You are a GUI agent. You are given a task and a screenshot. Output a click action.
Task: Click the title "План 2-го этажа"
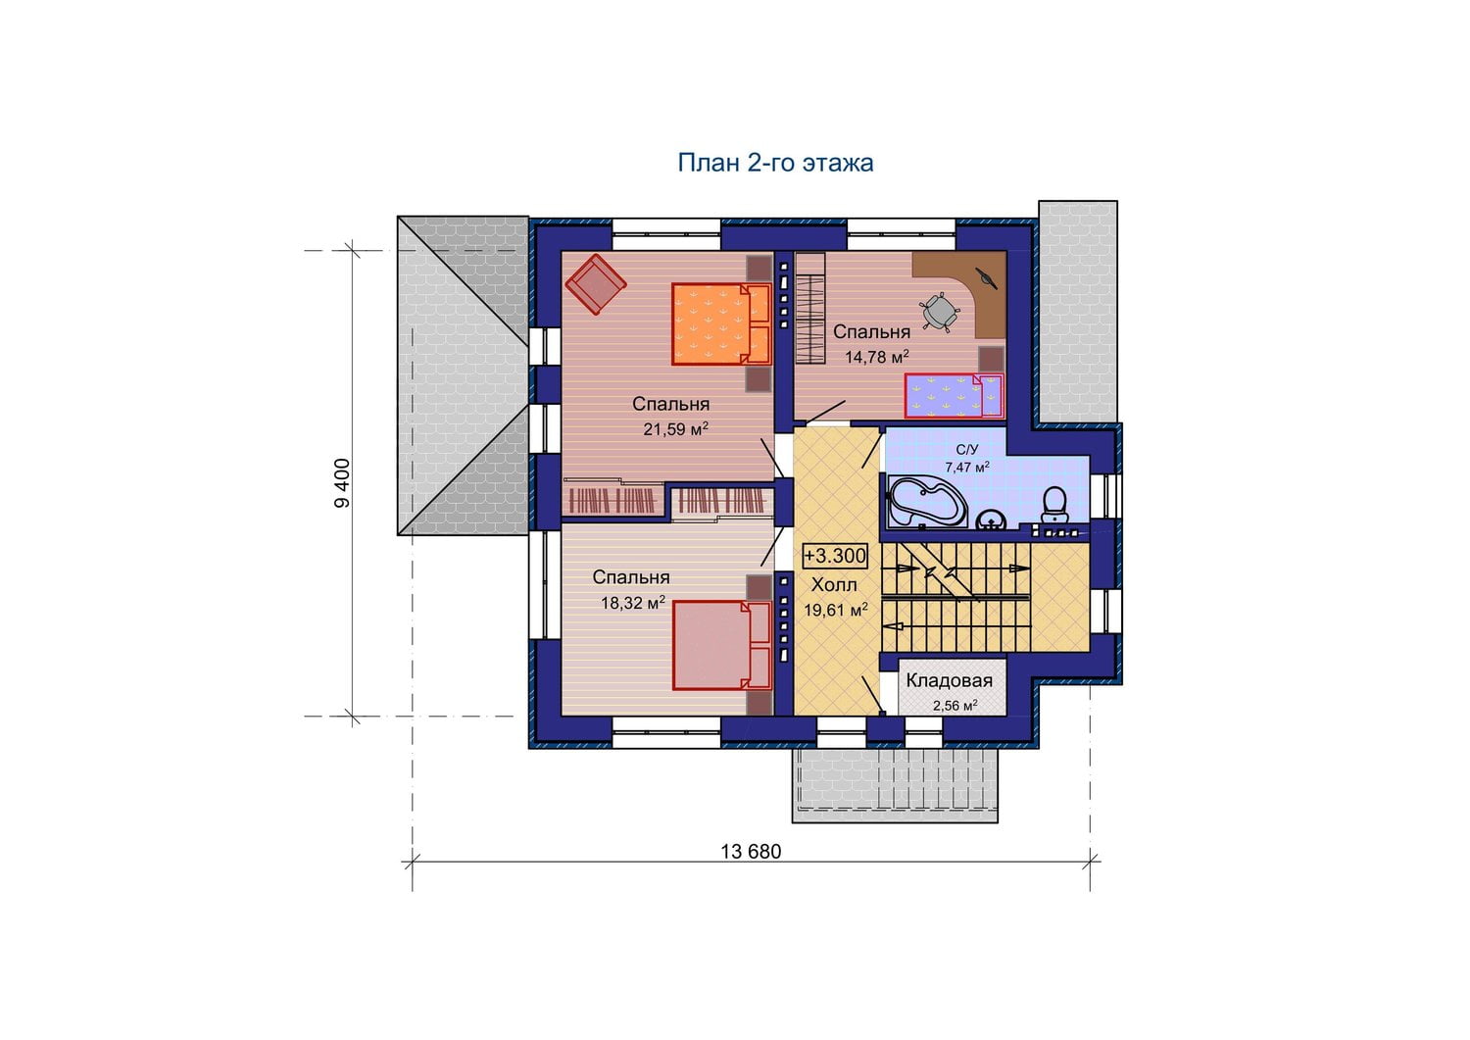(775, 163)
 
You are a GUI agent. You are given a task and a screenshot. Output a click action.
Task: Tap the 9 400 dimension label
(343, 483)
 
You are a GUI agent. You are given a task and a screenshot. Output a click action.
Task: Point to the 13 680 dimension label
(751, 852)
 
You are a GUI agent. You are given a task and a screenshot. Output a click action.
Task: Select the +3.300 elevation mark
(835, 556)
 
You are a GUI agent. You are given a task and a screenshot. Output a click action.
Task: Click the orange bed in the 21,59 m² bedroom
(720, 323)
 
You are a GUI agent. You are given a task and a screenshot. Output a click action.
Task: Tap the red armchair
(596, 284)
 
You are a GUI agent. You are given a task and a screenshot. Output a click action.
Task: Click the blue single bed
(955, 396)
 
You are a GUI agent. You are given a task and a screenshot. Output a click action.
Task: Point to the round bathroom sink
(991, 520)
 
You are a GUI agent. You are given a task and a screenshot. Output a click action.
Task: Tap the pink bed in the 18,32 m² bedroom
(720, 645)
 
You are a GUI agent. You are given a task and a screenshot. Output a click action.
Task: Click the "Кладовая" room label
(949, 681)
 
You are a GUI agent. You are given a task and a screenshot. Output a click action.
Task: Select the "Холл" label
(834, 584)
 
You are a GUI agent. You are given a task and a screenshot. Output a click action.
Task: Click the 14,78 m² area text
(877, 357)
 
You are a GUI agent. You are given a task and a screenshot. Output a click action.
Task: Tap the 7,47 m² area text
(967, 467)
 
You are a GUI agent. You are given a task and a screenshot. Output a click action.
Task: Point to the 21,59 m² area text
(676, 428)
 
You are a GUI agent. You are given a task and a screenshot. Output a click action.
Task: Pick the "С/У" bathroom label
(967, 450)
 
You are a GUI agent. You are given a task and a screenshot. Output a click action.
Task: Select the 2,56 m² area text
(955, 706)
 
